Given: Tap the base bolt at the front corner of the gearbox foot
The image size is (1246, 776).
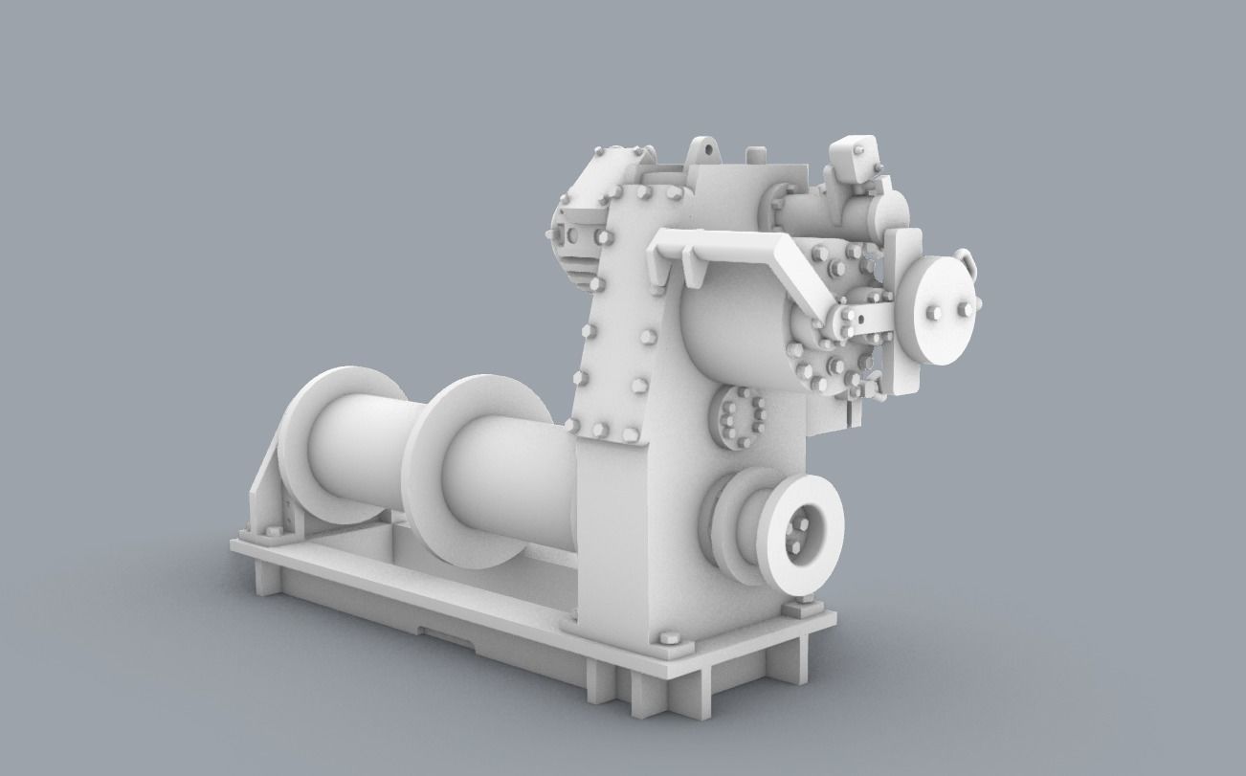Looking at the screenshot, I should point(668,639).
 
